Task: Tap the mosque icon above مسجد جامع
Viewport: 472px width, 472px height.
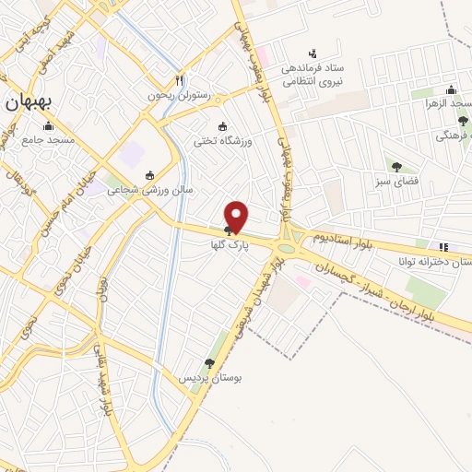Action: click(x=48, y=125)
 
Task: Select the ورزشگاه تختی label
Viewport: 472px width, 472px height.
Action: click(x=218, y=141)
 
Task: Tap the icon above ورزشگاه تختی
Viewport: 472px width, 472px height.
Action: click(x=220, y=126)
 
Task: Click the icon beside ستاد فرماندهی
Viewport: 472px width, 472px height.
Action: click(x=313, y=53)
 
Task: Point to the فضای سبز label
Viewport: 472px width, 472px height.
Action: click(x=397, y=182)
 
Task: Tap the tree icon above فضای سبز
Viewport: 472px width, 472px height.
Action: click(x=396, y=167)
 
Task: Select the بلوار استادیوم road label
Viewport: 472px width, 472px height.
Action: click(x=344, y=238)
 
